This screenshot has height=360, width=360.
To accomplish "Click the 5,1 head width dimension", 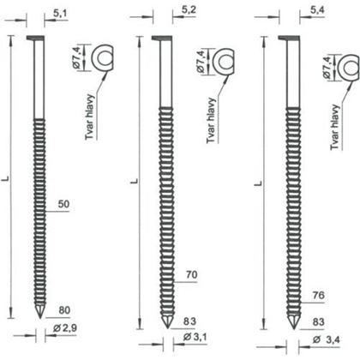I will click(62, 14).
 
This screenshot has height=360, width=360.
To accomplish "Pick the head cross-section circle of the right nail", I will click(348, 64).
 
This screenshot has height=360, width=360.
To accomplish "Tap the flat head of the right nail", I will click(284, 39).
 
